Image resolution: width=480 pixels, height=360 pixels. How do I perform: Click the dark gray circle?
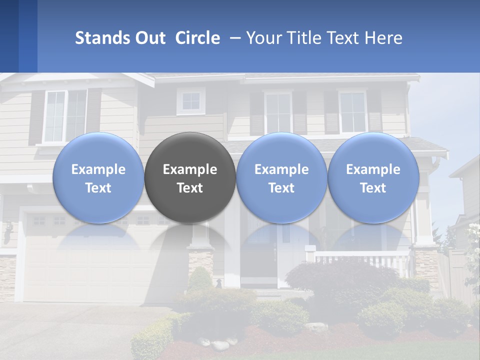190,177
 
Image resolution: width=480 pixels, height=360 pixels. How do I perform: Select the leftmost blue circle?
98,177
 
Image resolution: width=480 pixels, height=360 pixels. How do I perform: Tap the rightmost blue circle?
373,177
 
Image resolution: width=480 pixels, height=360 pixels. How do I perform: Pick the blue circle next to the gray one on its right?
281,177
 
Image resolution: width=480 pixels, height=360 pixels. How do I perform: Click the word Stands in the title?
102,38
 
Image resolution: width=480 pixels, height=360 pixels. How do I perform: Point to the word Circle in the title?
197,38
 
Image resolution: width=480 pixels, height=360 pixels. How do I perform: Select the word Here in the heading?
383,38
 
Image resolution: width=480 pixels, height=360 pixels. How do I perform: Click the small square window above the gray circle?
190,101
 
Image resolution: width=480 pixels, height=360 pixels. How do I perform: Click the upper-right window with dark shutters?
352,112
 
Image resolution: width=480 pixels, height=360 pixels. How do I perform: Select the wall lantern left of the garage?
8,232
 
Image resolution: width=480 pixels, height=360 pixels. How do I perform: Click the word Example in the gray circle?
190,169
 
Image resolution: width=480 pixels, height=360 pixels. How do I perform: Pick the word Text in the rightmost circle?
373,188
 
